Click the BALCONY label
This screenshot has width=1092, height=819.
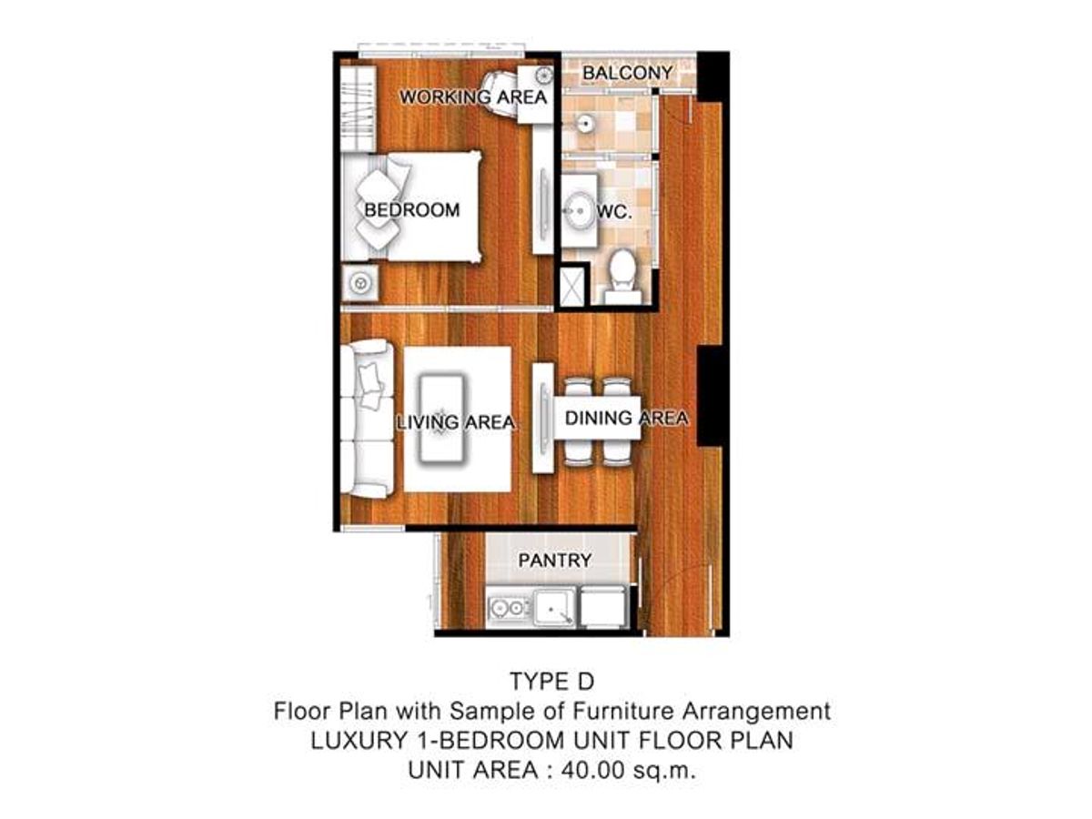(627, 73)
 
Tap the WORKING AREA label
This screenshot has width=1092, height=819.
(473, 97)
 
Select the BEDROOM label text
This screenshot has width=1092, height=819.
(412, 210)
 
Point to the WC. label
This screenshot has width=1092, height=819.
(615, 213)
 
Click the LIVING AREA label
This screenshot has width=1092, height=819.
(456, 422)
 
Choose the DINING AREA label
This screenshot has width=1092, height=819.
(626, 419)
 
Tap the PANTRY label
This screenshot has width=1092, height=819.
(555, 561)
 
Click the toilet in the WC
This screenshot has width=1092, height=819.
(622, 277)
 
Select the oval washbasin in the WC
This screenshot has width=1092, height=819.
(580, 211)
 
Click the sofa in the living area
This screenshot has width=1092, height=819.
(368, 419)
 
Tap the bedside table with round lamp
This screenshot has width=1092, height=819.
(359, 283)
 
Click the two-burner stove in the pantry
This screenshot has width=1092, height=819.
(510, 607)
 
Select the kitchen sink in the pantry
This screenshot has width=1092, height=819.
(555, 607)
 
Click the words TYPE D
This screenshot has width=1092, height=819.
(552, 682)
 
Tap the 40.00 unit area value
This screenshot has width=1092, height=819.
(593, 770)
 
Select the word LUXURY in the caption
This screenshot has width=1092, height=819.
(359, 741)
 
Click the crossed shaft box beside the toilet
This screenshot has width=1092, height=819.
(572, 287)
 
